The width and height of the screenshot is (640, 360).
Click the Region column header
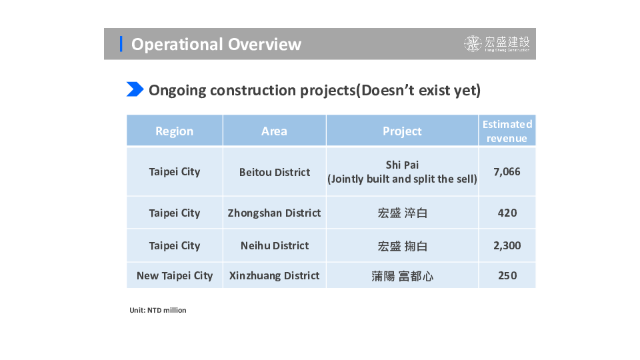click(x=174, y=131)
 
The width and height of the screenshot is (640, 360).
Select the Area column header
click(x=274, y=131)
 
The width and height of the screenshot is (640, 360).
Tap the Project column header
click(x=402, y=131)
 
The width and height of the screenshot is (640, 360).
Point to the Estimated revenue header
click(x=507, y=131)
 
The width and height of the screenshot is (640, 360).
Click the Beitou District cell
click(x=275, y=172)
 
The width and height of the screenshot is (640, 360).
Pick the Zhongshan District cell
click(x=274, y=213)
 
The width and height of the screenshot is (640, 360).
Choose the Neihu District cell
click(x=275, y=246)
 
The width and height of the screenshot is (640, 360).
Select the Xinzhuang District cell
click(x=274, y=275)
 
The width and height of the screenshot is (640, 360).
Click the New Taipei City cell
click(x=175, y=276)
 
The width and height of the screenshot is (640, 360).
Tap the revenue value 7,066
click(x=507, y=171)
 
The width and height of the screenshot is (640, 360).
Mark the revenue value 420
click(x=507, y=213)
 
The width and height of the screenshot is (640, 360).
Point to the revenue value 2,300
click(x=507, y=245)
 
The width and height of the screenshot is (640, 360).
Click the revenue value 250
click(x=507, y=275)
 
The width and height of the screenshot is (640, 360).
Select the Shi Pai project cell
click(x=402, y=172)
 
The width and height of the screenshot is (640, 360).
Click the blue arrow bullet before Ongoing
click(x=135, y=89)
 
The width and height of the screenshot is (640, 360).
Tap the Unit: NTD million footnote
click(x=158, y=310)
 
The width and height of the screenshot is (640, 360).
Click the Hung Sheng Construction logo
click(x=497, y=44)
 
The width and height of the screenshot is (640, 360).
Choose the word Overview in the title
click(x=265, y=44)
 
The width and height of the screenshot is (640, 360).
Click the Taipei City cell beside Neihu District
click(x=174, y=246)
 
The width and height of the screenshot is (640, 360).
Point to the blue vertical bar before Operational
click(x=121, y=44)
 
